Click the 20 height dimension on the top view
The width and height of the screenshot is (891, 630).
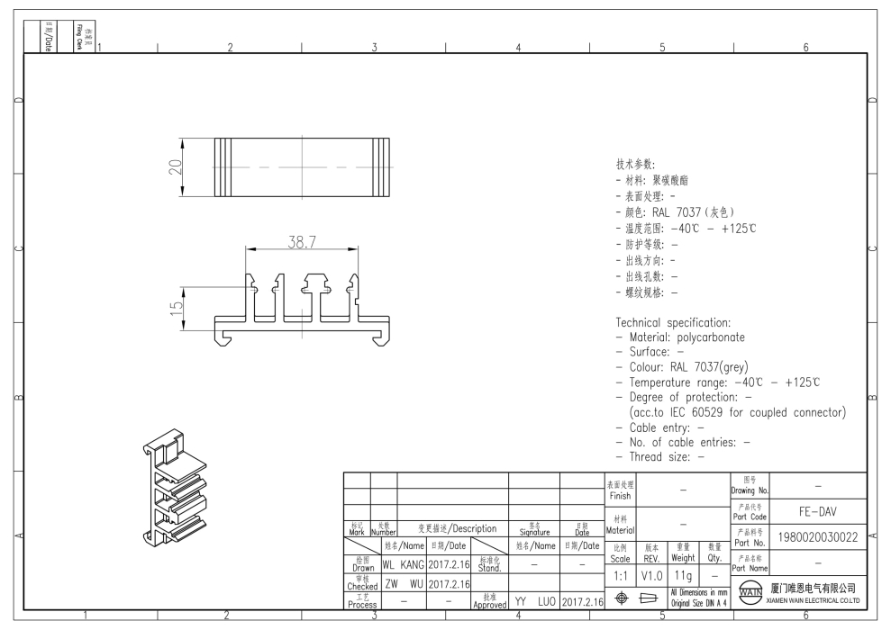click(176, 167)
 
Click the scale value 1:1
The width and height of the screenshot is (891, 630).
click(621, 574)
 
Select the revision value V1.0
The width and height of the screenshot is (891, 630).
click(651, 574)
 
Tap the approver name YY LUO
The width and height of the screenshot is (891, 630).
click(533, 601)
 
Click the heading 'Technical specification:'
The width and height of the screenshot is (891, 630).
click(673, 322)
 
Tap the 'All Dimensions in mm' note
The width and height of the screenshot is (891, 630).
click(699, 591)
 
